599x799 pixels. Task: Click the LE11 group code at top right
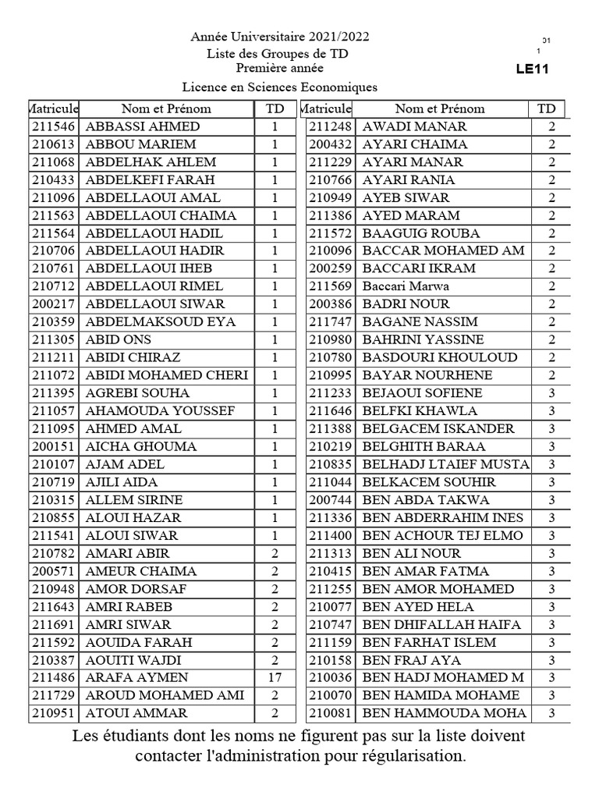(533, 69)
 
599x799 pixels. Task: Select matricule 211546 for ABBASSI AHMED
(54, 126)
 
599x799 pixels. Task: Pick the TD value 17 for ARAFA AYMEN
(275, 677)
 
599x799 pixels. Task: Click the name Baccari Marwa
(406, 286)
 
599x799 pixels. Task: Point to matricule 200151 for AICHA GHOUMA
(54, 447)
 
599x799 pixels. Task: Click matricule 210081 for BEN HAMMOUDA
(331, 713)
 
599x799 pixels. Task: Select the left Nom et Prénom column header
(166, 108)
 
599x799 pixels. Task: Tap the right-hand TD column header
(547, 108)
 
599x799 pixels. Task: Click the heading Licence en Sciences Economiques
(279, 87)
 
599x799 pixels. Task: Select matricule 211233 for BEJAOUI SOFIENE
(331, 393)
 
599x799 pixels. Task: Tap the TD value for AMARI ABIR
(275, 554)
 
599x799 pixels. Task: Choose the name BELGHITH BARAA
(424, 447)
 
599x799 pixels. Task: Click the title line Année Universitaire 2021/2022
(280, 37)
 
